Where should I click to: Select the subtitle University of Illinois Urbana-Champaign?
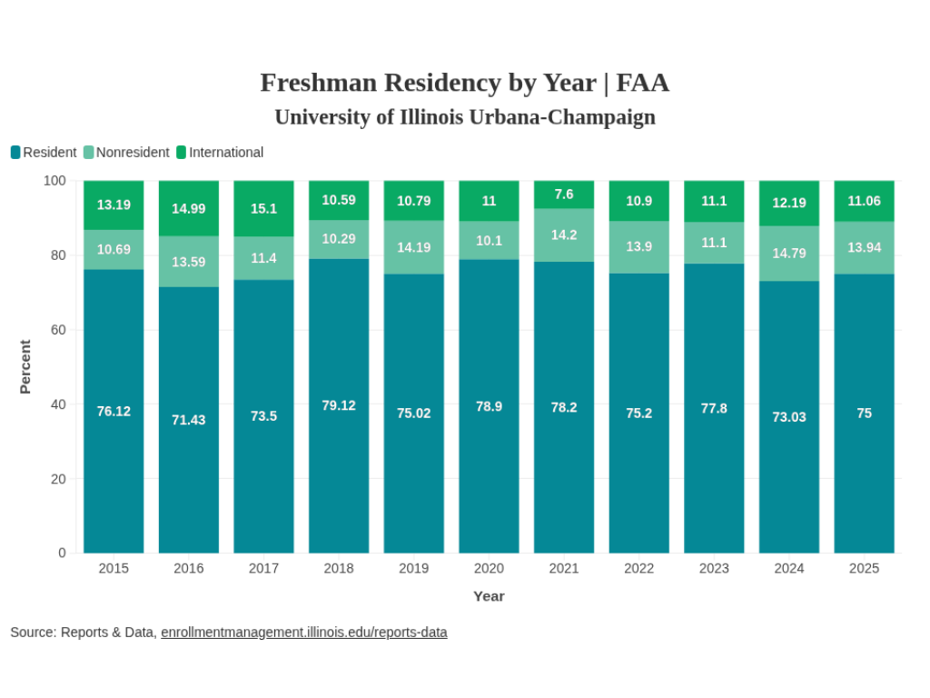pos(464,117)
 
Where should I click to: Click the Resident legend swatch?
pos(15,153)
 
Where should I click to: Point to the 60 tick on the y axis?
pos(58,329)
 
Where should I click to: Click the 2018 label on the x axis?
pos(339,568)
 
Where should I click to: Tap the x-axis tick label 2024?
pos(789,568)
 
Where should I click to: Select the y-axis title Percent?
pos(25,366)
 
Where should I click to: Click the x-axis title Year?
pos(489,596)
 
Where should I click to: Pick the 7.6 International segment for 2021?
pos(564,194)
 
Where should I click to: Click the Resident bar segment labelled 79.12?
pos(339,405)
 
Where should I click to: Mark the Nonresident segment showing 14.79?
pos(789,254)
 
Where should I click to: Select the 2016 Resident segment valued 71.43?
pos(189,420)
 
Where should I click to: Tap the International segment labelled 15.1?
pos(263,208)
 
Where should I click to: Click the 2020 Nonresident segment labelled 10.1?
pos(489,241)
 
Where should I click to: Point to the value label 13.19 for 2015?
pos(114,204)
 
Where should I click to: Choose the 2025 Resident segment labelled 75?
pos(864,413)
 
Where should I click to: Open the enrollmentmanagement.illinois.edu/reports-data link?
pos(303,632)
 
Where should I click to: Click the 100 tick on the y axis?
pos(54,181)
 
